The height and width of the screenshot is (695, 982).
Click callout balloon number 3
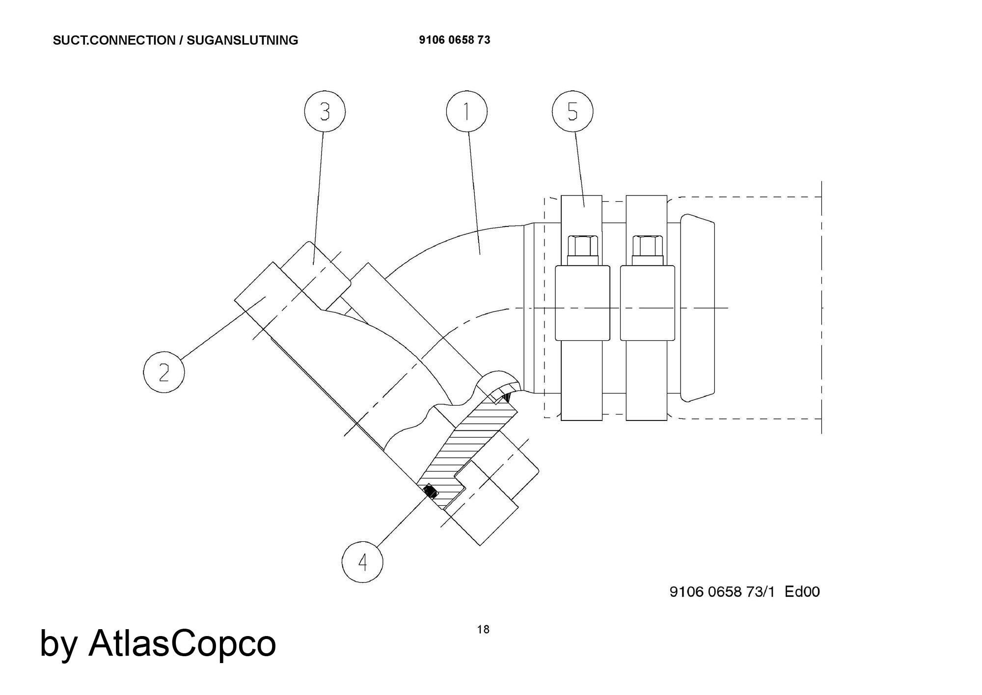click(x=325, y=112)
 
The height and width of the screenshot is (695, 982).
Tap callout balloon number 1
click(x=466, y=111)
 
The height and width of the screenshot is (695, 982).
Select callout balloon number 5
click(x=573, y=111)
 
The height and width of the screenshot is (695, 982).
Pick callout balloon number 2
click(x=164, y=372)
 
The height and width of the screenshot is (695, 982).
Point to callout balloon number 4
click(x=362, y=562)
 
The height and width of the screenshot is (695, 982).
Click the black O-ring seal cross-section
click(x=430, y=491)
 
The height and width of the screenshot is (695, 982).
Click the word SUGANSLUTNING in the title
click(x=242, y=40)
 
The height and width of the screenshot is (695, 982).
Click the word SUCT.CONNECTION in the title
click(x=113, y=40)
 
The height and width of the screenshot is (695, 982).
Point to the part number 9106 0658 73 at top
click(x=454, y=40)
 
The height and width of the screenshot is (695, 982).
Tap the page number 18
click(x=483, y=630)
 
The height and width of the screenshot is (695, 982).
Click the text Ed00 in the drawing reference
click(x=802, y=591)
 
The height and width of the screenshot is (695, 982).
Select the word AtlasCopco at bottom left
click(x=182, y=643)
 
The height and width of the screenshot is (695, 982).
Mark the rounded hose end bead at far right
click(x=698, y=308)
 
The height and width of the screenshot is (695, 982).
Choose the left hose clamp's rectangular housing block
click(x=582, y=303)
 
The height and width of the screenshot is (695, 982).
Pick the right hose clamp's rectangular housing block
click(x=647, y=303)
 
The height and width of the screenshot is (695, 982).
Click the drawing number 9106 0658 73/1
click(x=722, y=591)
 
